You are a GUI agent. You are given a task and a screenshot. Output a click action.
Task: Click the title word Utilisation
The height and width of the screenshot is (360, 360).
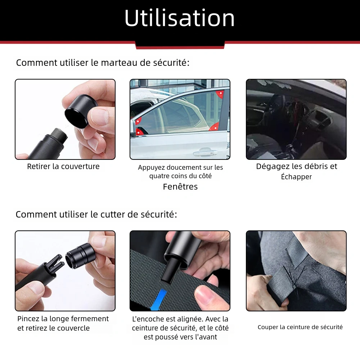(180, 18)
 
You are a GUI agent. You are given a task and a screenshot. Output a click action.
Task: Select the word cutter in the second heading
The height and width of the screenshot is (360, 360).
(114, 215)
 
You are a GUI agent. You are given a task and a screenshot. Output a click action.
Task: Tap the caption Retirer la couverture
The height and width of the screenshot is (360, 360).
(63, 166)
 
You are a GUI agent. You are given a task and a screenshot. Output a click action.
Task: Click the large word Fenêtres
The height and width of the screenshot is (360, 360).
(180, 186)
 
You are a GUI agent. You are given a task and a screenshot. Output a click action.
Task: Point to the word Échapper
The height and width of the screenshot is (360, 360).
(296, 177)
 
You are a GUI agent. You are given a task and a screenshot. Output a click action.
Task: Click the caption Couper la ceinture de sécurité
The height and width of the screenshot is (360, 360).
(300, 327)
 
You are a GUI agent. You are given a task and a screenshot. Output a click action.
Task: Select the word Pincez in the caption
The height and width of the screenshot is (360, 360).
(29, 319)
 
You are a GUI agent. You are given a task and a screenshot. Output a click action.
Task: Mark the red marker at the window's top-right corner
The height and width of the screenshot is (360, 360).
(219, 95)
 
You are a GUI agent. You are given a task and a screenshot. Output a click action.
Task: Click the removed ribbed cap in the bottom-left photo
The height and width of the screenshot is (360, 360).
(80, 255)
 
